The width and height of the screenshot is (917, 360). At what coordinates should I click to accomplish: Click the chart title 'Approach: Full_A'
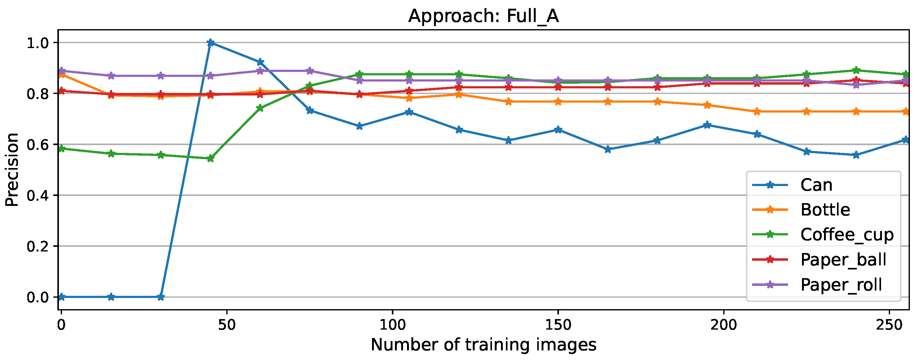pos(483,16)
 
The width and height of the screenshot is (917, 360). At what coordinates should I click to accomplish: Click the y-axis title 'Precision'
pos(12,170)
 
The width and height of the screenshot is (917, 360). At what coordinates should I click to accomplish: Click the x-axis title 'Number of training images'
pos(483,345)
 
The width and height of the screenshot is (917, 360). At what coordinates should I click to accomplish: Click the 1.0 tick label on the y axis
pos(38,43)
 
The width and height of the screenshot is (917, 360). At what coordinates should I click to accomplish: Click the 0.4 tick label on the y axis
pos(38,195)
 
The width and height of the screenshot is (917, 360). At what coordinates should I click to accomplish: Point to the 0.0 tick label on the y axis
pos(38,297)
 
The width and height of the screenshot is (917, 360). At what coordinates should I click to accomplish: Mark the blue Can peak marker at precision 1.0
pos(210,43)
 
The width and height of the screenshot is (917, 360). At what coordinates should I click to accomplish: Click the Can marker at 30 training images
pos(161,297)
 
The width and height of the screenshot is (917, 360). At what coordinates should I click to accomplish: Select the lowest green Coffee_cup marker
pos(210,158)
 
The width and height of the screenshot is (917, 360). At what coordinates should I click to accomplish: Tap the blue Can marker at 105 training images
pos(409,112)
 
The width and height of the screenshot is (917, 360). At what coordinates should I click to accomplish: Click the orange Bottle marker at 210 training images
pos(757,111)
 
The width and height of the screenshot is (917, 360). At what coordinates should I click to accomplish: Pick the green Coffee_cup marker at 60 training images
pos(260,108)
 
